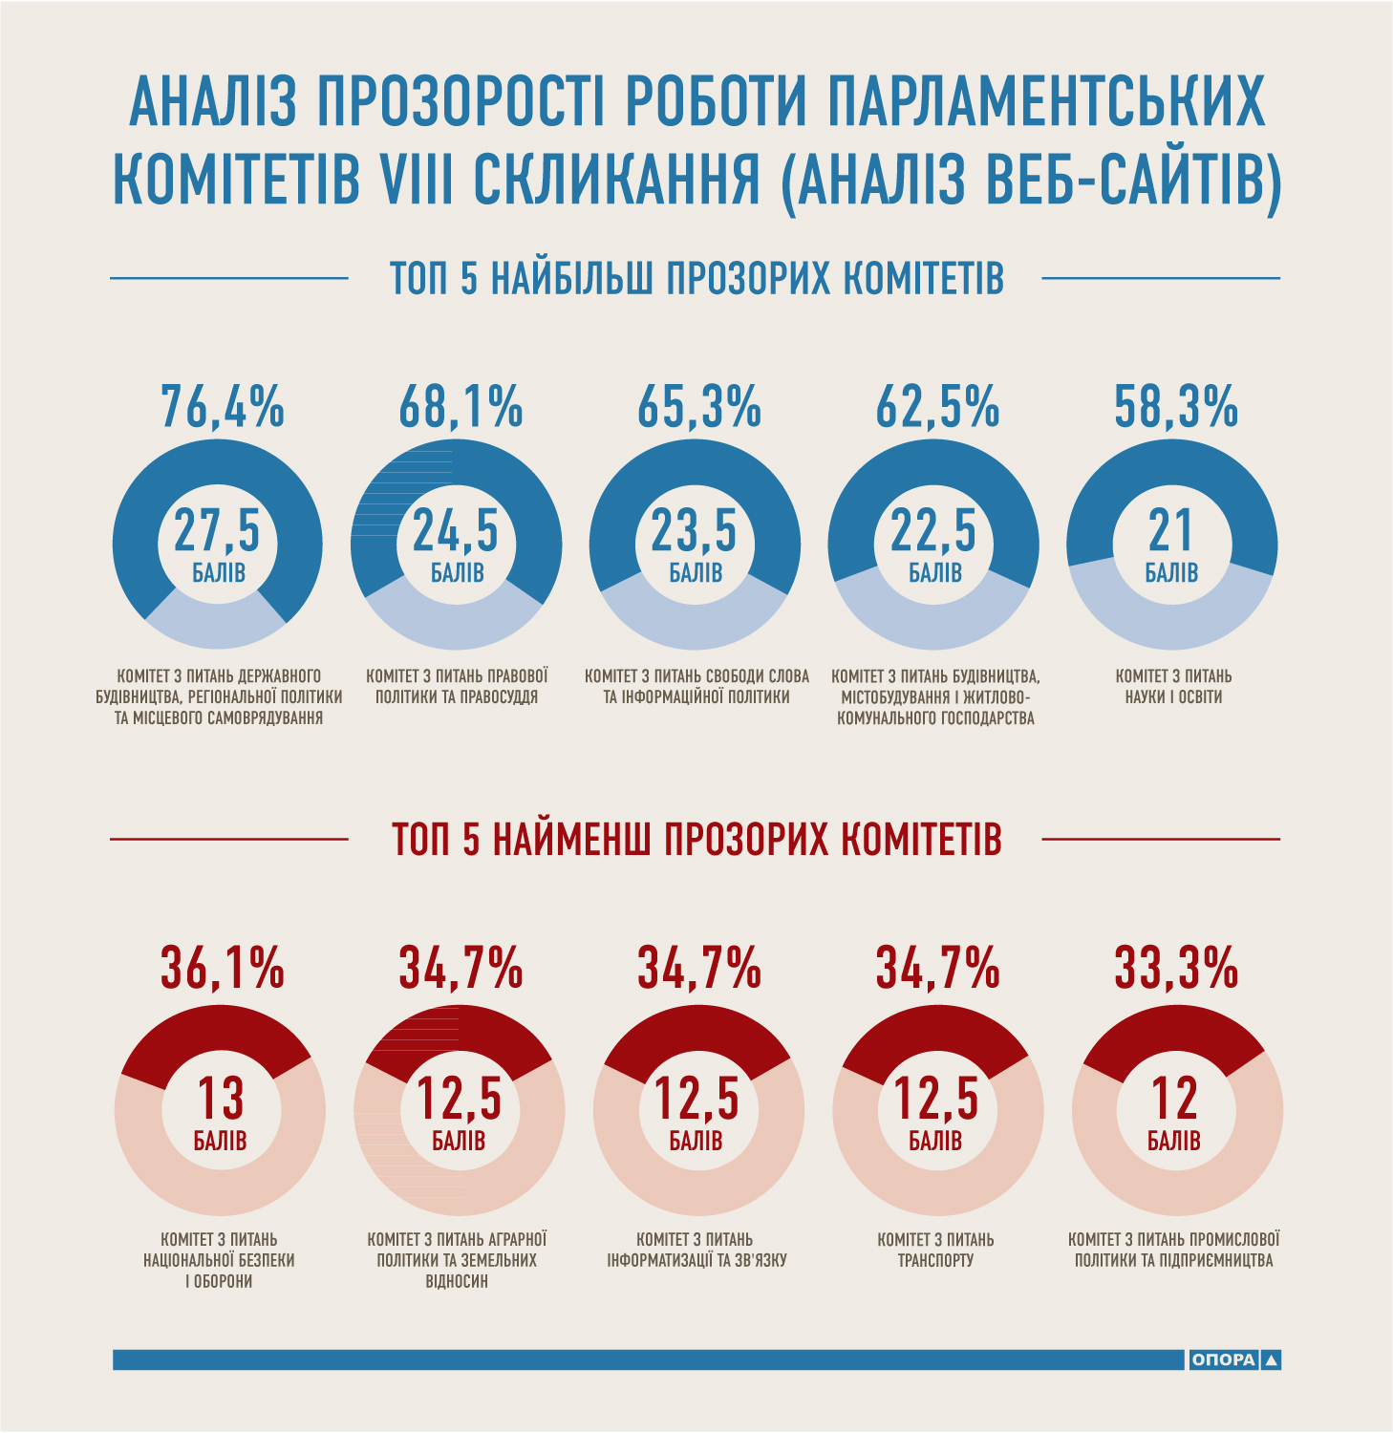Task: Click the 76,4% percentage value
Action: click(x=223, y=406)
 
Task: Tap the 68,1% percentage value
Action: click(x=461, y=406)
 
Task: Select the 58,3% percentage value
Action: click(x=1176, y=406)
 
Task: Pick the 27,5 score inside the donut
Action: click(x=217, y=531)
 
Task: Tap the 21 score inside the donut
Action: click(x=1170, y=531)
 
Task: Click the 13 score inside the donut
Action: click(x=221, y=1098)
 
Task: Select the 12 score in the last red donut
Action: click(x=1174, y=1098)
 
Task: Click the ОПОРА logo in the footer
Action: click(x=1233, y=1359)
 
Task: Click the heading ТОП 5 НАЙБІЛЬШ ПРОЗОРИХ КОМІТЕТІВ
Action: click(x=696, y=278)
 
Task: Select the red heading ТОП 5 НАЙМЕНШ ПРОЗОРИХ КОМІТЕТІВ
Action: click(x=696, y=840)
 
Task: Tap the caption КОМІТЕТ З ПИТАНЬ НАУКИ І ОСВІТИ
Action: click(x=1173, y=687)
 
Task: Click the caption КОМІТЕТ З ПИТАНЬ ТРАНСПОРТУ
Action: click(x=935, y=1250)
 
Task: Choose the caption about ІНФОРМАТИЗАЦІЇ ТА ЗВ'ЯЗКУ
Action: click(x=696, y=1250)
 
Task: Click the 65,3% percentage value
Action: click(x=699, y=406)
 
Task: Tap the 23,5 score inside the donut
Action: click(x=695, y=531)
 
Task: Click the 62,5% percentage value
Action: click(x=937, y=406)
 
